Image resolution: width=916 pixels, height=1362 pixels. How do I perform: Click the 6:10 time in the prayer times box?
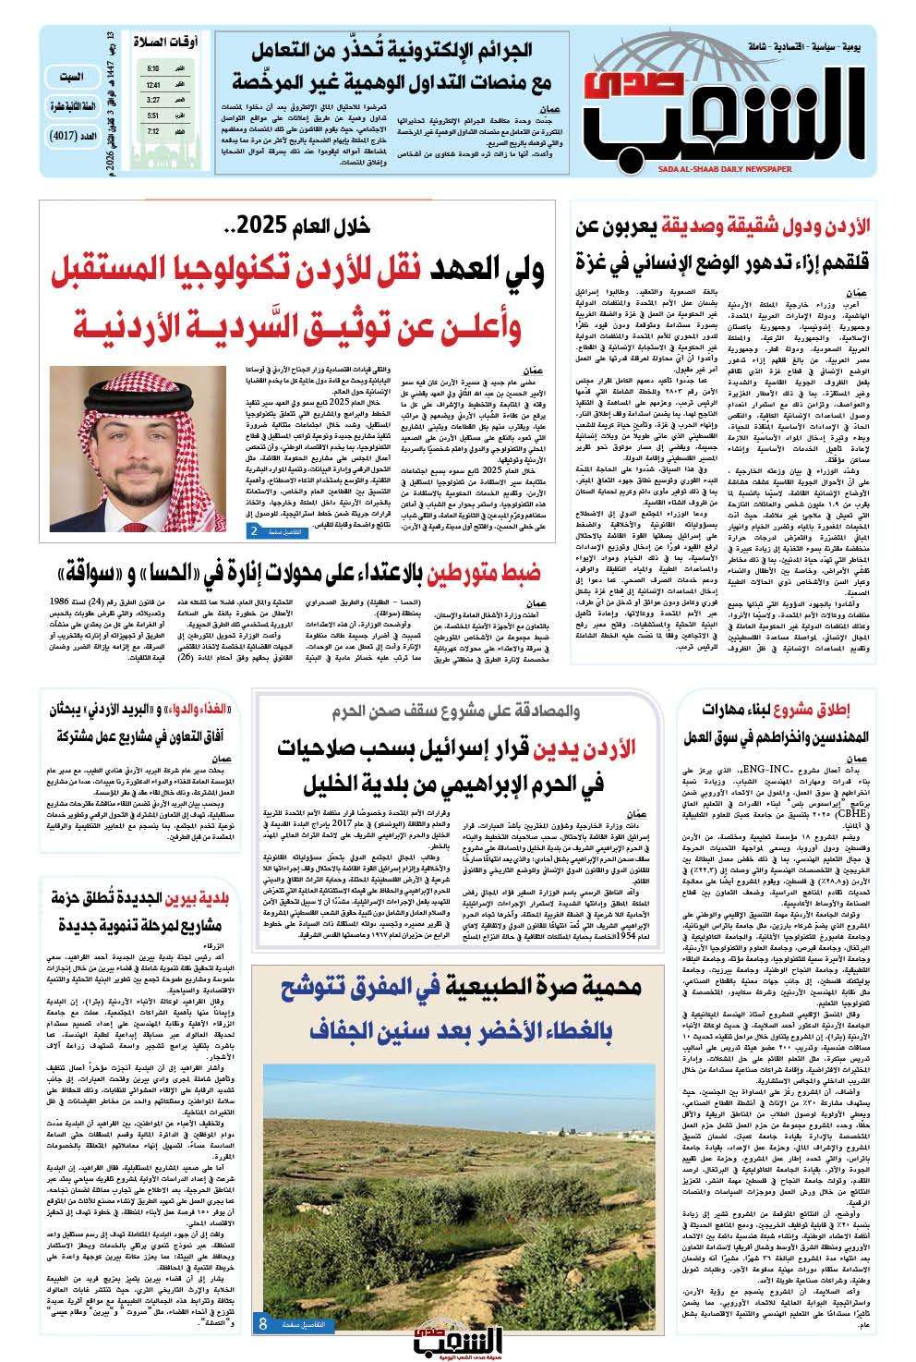point(152,68)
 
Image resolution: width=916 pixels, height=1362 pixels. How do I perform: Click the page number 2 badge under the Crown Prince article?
point(254,530)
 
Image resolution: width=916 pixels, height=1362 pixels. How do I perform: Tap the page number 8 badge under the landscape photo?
point(263,1324)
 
